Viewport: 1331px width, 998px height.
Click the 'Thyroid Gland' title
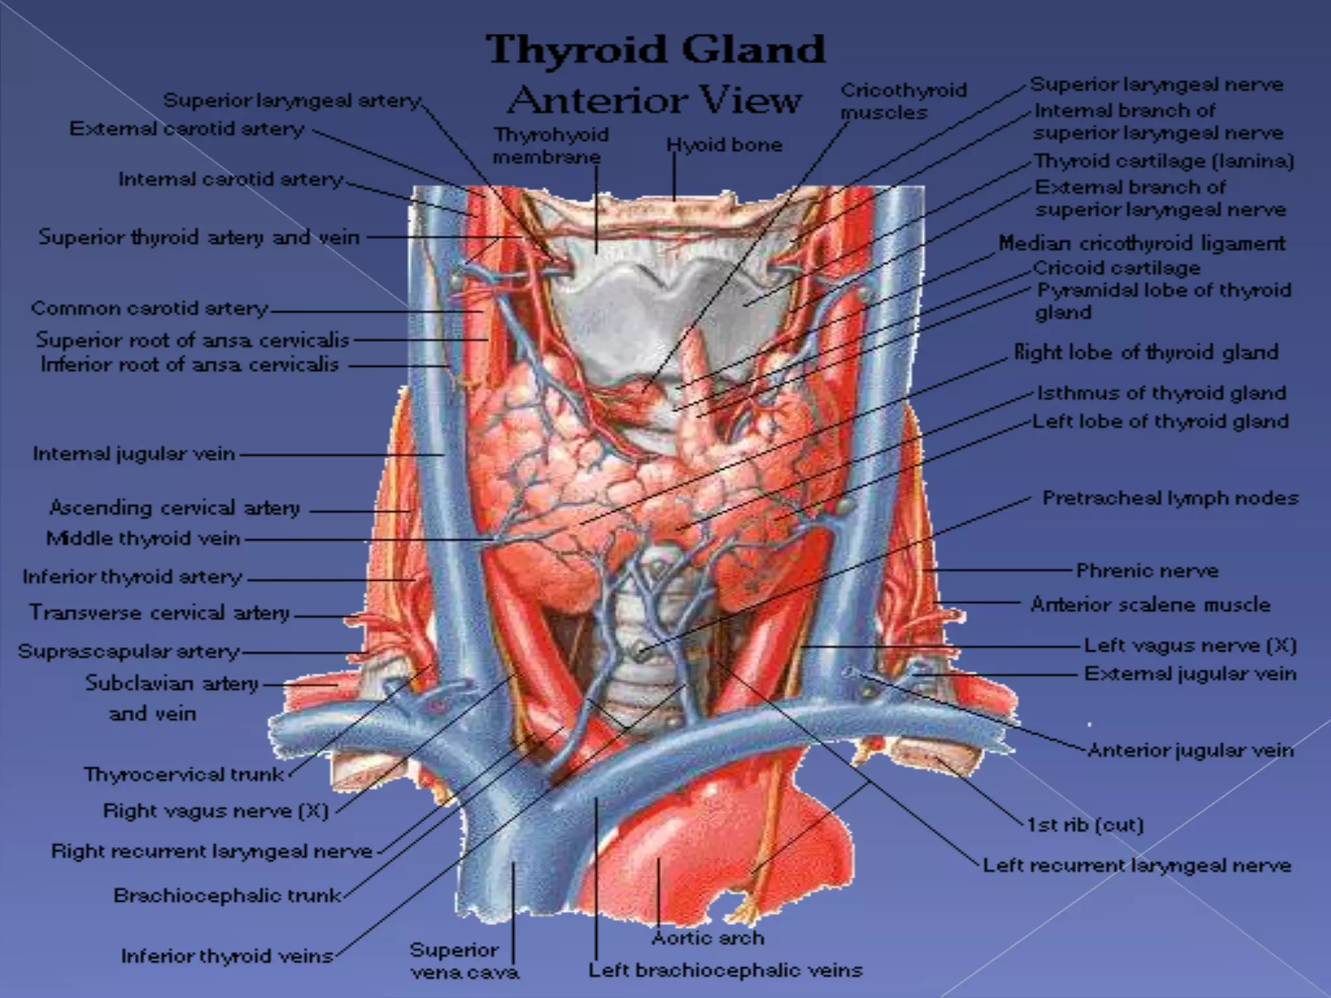[x=656, y=50]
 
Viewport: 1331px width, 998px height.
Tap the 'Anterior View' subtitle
[x=655, y=101]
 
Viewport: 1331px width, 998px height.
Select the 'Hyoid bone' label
[x=724, y=145]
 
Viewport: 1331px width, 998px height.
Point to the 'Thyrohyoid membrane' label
[x=550, y=146]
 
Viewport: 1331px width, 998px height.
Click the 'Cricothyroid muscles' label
[x=903, y=101]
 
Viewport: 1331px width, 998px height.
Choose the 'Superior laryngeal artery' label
[x=292, y=101]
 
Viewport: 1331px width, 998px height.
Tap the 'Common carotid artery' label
[x=149, y=308]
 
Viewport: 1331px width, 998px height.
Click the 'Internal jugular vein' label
[x=134, y=454]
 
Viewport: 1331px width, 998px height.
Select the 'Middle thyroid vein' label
[x=143, y=539]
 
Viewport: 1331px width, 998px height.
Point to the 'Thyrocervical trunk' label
[x=184, y=774]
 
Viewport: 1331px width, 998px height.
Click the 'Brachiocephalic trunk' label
[x=227, y=895]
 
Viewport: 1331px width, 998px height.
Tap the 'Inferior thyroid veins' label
[x=227, y=956]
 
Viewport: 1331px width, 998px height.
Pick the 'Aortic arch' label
[x=707, y=938]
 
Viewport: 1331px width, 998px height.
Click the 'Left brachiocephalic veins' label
[x=725, y=971]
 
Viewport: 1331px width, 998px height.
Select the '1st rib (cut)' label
[x=1085, y=825]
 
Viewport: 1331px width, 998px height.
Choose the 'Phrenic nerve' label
[x=1147, y=571]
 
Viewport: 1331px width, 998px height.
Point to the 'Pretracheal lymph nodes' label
[x=1170, y=498]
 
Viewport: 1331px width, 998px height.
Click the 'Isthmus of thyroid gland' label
[x=1161, y=393]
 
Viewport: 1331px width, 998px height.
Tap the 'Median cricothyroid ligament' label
[x=1142, y=243]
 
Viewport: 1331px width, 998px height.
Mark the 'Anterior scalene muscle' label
[x=1150, y=605]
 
